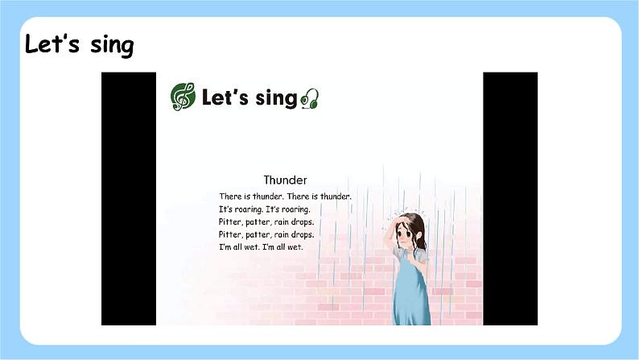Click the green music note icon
pos(183,97)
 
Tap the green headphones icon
pos(311,99)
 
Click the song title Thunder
pos(286,180)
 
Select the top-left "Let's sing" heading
pos(79,44)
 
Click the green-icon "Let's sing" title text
pos(249,98)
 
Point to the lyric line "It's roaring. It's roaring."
pos(264,209)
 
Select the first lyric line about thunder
pos(285,197)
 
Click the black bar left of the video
pos(129,198)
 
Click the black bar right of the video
pos(509,198)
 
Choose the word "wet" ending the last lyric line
pos(300,247)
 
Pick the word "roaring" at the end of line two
pos(295,209)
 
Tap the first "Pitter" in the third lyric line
pos(229,222)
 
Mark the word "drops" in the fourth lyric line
pos(302,234)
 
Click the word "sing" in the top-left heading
pos(112,45)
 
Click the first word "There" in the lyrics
pos(230,197)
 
